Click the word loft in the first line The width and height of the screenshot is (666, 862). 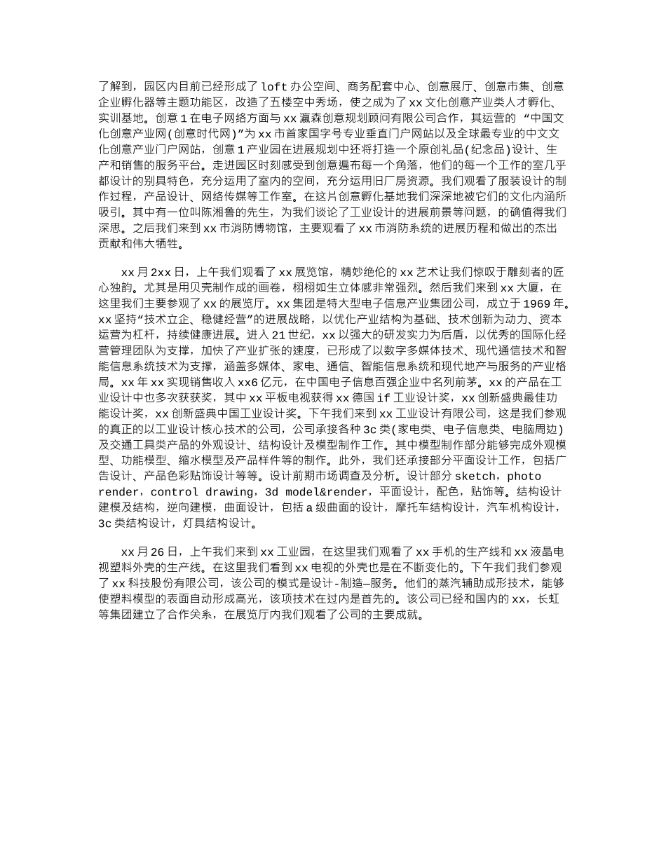(x=274, y=87)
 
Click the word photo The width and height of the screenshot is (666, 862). (x=524, y=477)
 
